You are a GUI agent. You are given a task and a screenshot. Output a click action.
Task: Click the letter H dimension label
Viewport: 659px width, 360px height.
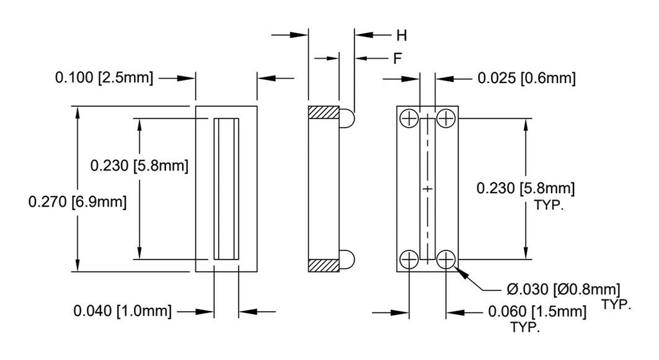coord(400,35)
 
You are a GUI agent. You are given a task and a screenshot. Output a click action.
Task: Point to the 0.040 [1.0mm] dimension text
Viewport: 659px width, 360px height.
coord(122,312)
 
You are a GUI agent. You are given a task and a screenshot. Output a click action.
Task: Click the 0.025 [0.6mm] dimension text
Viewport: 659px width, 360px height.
coord(526,79)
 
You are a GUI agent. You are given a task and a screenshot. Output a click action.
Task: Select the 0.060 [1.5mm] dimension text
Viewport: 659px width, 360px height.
coord(538,312)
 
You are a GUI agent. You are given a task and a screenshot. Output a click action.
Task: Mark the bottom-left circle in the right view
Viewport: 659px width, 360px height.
coord(409,260)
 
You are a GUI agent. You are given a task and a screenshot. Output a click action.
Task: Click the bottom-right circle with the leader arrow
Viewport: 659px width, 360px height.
coord(446,260)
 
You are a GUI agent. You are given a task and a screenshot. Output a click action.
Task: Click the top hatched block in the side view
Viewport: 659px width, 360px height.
coord(324,112)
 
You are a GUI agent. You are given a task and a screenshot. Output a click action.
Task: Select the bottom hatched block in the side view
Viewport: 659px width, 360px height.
coord(324,265)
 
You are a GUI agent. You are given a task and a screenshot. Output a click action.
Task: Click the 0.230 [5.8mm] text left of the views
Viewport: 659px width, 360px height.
coord(138,166)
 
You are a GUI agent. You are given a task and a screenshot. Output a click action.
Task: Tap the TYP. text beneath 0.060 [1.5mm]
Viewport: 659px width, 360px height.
coord(525,327)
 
